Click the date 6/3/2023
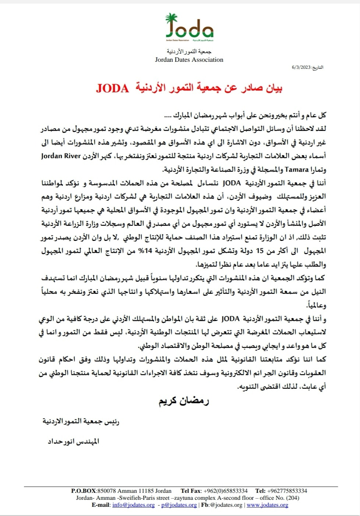coord(301,67)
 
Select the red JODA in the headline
coord(112,89)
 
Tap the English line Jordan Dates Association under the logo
coord(189,60)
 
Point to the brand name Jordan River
coord(61,156)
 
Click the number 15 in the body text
coord(260,251)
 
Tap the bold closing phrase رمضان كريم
coord(184,401)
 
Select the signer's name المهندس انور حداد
coord(74,441)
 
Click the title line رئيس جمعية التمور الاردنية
coord(81,421)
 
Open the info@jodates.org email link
coord(133,505)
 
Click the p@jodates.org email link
coord(179,505)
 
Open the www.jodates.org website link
coord(267,505)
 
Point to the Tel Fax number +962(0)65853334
coord(225,491)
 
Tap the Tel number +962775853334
coord(287,491)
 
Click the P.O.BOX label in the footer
coord(84,491)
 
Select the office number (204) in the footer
coord(292,498)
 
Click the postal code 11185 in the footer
coord(146,491)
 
